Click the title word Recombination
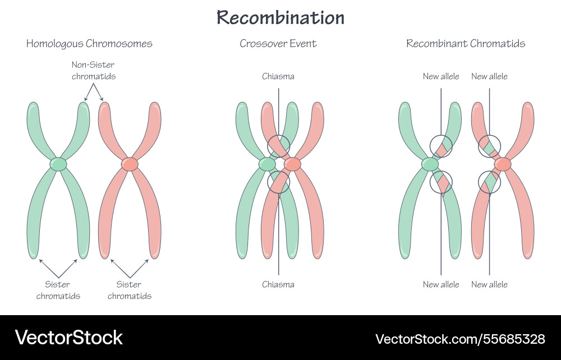point(280,18)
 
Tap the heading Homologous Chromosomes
point(89,44)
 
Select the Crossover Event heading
point(278,44)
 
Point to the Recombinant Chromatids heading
point(466,44)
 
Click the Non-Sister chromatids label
point(94,71)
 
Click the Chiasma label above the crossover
point(278,76)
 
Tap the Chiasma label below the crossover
point(278,284)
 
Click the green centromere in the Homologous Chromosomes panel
point(58,164)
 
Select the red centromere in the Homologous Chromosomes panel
point(130,164)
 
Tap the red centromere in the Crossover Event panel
point(292,164)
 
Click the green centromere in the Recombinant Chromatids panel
point(430,164)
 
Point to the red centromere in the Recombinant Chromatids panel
point(503,164)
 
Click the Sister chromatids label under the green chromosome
point(58,290)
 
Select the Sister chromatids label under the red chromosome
point(130,290)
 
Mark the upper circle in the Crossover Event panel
point(278,146)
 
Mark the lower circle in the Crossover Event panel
point(278,182)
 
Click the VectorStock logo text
point(68,338)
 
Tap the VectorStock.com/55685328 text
point(460,339)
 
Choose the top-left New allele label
point(441,76)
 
